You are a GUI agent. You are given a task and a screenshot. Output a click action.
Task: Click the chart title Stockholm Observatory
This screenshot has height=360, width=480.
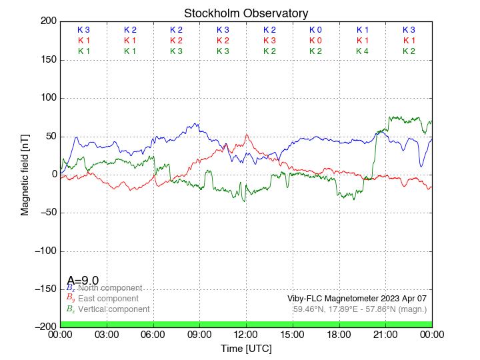click(x=246, y=13)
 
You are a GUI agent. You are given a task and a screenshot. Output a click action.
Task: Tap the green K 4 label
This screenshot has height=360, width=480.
click(x=363, y=51)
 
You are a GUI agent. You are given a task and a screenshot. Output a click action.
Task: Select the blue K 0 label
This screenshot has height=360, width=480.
click(x=316, y=30)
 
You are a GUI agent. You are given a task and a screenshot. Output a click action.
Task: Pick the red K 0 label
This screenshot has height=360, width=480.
click(x=316, y=41)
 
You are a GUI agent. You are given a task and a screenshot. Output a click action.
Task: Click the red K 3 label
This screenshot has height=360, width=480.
click(x=269, y=41)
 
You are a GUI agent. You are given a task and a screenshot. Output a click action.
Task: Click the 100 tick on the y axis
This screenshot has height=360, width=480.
click(x=47, y=98)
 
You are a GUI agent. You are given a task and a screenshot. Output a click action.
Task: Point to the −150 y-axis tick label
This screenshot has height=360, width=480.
click(x=43, y=289)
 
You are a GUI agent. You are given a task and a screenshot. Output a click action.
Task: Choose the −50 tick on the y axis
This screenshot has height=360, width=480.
click(x=45, y=213)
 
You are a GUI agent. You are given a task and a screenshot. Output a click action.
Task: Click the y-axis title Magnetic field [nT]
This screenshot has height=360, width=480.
click(x=25, y=174)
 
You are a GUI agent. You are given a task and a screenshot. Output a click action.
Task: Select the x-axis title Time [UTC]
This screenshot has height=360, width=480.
click(x=246, y=349)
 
